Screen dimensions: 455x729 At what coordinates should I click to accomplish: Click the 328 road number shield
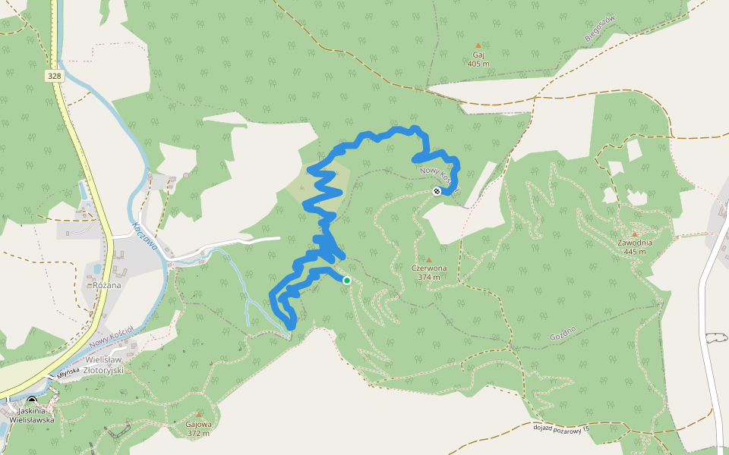click(54, 76)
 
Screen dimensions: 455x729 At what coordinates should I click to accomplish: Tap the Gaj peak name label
click(478, 55)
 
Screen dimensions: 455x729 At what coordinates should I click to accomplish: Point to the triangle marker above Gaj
click(478, 45)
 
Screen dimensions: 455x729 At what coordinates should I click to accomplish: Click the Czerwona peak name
click(428, 268)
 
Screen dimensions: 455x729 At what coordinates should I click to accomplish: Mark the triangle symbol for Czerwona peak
click(428, 259)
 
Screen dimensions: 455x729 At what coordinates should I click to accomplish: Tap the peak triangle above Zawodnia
click(634, 234)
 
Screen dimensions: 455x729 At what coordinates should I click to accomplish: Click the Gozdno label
click(563, 331)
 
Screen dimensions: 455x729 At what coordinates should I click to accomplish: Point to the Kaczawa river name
click(144, 237)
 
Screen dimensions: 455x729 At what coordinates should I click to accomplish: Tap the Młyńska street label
click(68, 372)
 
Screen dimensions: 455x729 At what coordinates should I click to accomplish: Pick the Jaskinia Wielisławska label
click(31, 414)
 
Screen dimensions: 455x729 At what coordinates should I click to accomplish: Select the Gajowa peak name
click(198, 425)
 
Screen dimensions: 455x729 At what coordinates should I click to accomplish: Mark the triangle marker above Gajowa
click(199, 415)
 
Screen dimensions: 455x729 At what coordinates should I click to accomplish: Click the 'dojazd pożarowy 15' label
click(560, 428)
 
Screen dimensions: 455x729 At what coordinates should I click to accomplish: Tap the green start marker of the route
click(347, 281)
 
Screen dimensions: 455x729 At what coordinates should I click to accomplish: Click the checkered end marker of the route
click(437, 191)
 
